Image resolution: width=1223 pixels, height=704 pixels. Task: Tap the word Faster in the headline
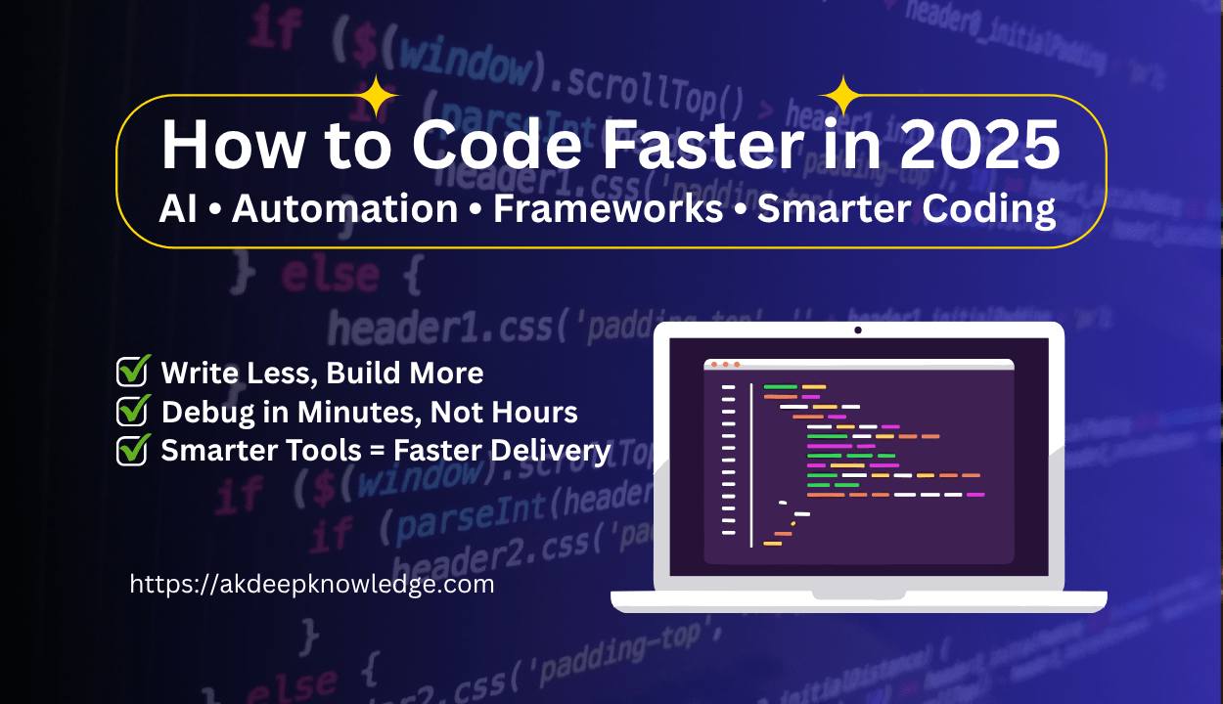tap(694, 145)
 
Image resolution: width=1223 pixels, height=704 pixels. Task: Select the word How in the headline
tap(219, 145)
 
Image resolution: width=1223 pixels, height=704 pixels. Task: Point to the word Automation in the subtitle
tap(344, 209)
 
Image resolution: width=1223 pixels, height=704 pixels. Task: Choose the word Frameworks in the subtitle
tap(608, 209)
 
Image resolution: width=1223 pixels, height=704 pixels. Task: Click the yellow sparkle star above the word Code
tap(377, 96)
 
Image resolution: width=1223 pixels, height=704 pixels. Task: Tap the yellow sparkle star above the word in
tap(841, 96)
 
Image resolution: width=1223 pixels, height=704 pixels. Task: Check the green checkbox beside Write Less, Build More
tap(132, 373)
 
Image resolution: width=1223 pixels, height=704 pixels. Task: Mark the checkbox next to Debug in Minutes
tap(132, 412)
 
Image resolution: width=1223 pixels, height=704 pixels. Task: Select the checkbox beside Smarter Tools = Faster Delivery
tap(132, 451)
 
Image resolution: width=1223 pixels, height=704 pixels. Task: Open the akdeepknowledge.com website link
tap(312, 585)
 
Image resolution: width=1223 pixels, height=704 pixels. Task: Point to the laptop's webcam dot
tap(858, 330)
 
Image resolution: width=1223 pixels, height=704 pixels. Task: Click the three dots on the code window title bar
tap(725, 365)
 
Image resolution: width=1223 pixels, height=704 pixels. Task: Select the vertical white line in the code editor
tap(751, 465)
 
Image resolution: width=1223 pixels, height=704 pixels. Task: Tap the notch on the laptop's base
tap(858, 594)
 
